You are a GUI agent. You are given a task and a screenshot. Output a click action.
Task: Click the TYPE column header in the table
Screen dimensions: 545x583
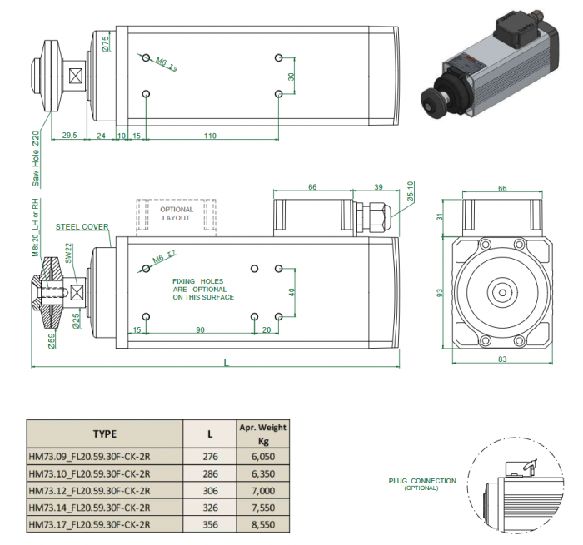(x=104, y=434)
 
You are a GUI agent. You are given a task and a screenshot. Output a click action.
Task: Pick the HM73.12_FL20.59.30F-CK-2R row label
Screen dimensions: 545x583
(x=89, y=489)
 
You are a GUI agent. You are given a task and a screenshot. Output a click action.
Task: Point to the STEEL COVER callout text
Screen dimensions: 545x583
(x=82, y=226)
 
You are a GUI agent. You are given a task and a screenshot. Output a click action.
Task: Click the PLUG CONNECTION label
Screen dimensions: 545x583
(x=422, y=481)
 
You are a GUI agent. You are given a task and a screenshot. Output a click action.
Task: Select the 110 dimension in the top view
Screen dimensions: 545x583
(x=210, y=135)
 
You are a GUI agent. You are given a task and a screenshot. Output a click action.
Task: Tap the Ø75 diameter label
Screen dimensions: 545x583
(x=106, y=44)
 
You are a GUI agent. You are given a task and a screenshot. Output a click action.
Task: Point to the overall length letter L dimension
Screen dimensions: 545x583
(x=226, y=361)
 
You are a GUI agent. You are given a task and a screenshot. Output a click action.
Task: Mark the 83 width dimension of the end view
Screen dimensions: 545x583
(x=502, y=359)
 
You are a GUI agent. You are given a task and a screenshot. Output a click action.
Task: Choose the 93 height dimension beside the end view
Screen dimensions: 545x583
(x=441, y=294)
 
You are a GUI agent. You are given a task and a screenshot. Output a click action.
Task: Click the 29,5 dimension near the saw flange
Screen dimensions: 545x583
(x=70, y=135)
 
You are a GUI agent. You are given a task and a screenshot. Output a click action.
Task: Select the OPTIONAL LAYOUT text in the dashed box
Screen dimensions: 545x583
(x=177, y=214)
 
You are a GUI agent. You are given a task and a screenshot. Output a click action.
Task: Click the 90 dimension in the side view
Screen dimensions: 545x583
(x=200, y=330)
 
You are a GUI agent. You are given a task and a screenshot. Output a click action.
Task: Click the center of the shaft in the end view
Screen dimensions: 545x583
(x=502, y=292)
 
